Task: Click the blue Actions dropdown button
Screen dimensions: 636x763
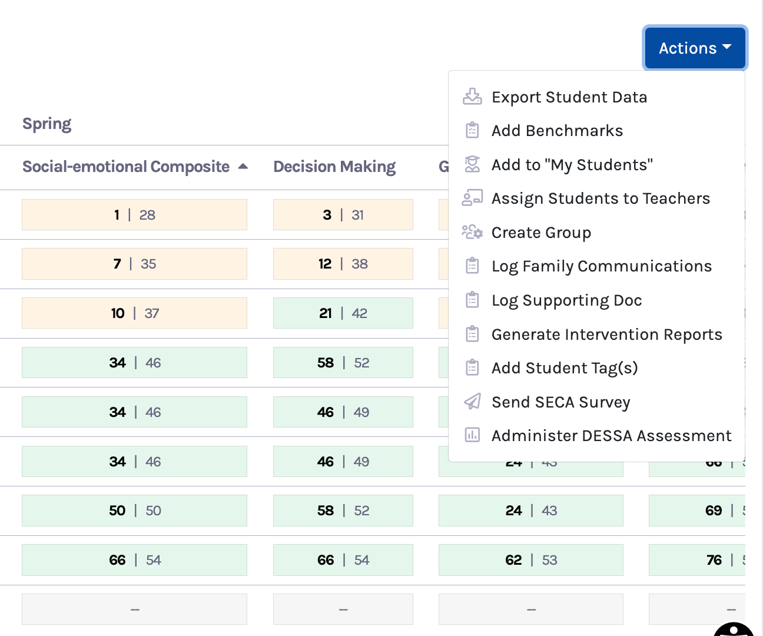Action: point(695,48)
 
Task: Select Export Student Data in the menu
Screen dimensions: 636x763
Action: point(569,97)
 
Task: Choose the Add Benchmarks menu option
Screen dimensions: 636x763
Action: point(557,131)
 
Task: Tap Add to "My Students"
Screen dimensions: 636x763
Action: point(572,165)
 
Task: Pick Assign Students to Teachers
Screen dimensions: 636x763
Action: point(601,198)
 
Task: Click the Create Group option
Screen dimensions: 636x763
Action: point(541,233)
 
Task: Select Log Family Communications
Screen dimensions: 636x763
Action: point(601,266)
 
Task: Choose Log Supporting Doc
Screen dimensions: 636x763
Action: point(566,300)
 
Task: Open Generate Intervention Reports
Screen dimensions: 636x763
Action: point(606,334)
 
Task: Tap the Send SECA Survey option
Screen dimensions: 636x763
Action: point(560,402)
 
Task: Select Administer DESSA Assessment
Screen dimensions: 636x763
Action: point(611,436)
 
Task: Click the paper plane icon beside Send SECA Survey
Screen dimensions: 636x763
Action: point(472,402)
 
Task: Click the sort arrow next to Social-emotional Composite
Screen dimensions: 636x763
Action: point(243,167)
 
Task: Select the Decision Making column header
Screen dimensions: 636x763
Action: point(334,167)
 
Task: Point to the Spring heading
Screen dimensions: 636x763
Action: point(47,124)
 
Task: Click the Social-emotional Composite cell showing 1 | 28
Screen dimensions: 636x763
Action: point(134,215)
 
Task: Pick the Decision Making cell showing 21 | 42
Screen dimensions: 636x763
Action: point(343,313)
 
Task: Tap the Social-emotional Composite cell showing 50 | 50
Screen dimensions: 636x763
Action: point(134,511)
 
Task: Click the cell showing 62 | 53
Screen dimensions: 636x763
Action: point(530,560)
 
